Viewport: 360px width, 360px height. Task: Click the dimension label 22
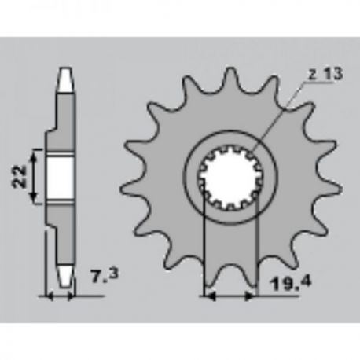point(20,176)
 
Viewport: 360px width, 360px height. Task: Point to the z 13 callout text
point(325,74)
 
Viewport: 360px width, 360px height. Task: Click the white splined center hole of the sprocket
point(230,178)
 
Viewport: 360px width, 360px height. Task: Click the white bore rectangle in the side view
point(60,177)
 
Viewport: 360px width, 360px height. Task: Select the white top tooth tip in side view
point(64,80)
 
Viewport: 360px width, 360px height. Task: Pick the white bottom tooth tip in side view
point(64,277)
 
